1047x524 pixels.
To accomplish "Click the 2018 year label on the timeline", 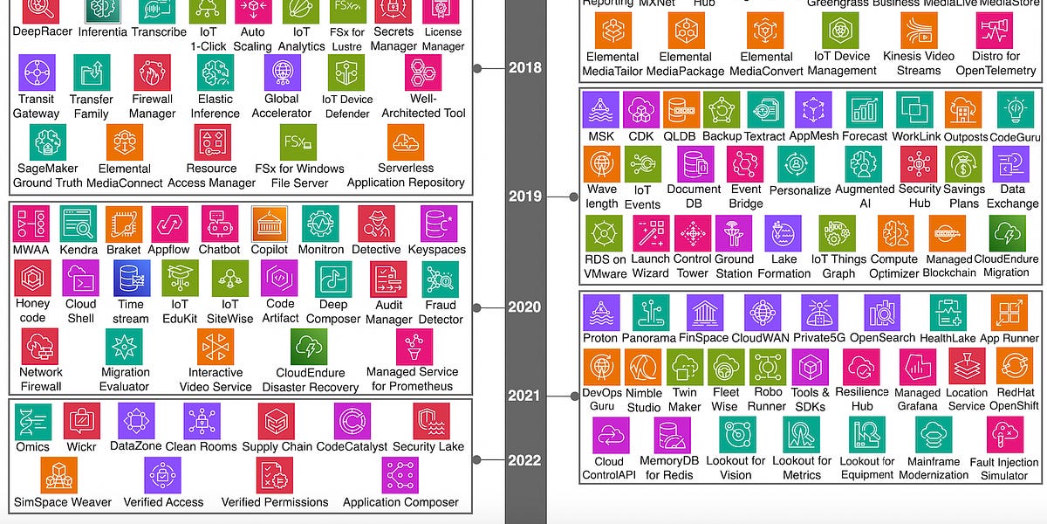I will (x=524, y=67).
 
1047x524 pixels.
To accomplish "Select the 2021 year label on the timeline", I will (x=524, y=396).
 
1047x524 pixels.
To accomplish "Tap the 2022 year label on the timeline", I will (x=524, y=460).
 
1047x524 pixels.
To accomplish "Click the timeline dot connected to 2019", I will (x=573, y=196).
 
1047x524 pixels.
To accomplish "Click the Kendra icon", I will (x=79, y=224).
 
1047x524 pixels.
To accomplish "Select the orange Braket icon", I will (x=124, y=224).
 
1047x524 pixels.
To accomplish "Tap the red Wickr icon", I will (x=81, y=421).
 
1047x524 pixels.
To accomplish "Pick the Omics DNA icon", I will (x=32, y=421).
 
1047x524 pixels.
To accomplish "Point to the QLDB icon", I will (x=681, y=110).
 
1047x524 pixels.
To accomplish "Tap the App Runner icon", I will (x=1009, y=313).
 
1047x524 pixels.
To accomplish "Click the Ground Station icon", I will (x=734, y=233).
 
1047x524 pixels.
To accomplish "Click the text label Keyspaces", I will (x=437, y=250).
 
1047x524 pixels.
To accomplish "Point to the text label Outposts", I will (x=966, y=137).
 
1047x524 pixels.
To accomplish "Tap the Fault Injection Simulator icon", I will (x=1004, y=435).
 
